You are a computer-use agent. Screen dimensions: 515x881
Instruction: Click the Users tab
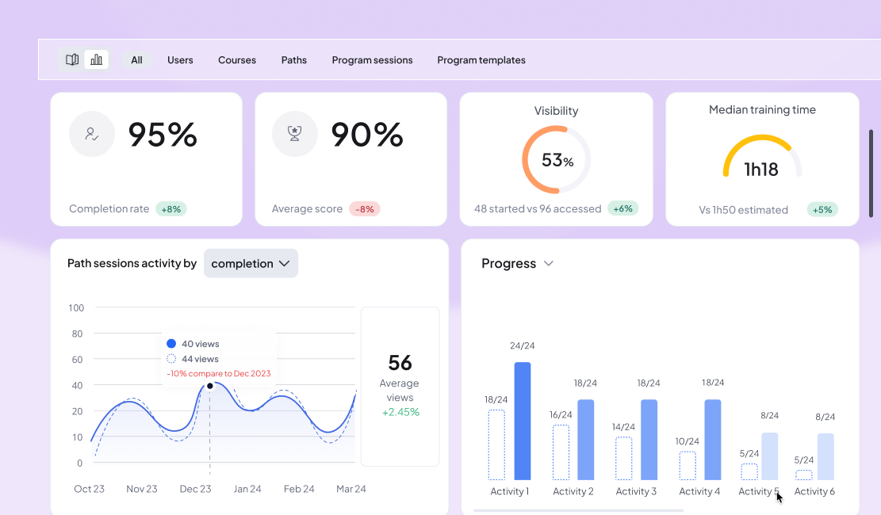click(180, 60)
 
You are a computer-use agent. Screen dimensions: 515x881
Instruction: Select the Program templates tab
click(481, 60)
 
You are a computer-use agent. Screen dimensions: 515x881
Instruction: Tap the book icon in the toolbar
click(72, 59)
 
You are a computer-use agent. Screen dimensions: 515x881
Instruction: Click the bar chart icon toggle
click(97, 59)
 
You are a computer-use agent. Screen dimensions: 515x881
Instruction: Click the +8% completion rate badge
click(170, 209)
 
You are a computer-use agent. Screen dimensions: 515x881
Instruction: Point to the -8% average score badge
click(365, 209)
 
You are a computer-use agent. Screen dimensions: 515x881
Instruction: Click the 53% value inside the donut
click(557, 160)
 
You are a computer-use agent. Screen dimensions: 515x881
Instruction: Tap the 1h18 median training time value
click(761, 169)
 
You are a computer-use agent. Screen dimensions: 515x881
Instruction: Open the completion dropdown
click(251, 264)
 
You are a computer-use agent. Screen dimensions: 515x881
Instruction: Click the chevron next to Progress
click(548, 264)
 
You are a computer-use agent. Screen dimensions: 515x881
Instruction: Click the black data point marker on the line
click(210, 386)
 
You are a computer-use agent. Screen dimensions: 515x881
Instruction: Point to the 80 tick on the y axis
click(77, 334)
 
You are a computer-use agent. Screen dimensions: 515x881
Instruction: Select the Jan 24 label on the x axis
click(247, 489)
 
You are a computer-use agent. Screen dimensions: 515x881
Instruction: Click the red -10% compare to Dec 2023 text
click(219, 374)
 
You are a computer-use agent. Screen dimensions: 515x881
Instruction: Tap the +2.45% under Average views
click(400, 412)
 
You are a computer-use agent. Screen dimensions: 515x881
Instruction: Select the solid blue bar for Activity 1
click(522, 421)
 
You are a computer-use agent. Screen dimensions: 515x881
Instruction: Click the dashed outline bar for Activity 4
click(688, 465)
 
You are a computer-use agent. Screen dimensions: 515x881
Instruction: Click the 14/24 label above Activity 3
click(623, 427)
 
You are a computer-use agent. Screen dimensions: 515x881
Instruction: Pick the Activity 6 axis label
click(814, 491)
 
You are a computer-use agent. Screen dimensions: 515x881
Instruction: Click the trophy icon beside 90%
click(295, 134)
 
